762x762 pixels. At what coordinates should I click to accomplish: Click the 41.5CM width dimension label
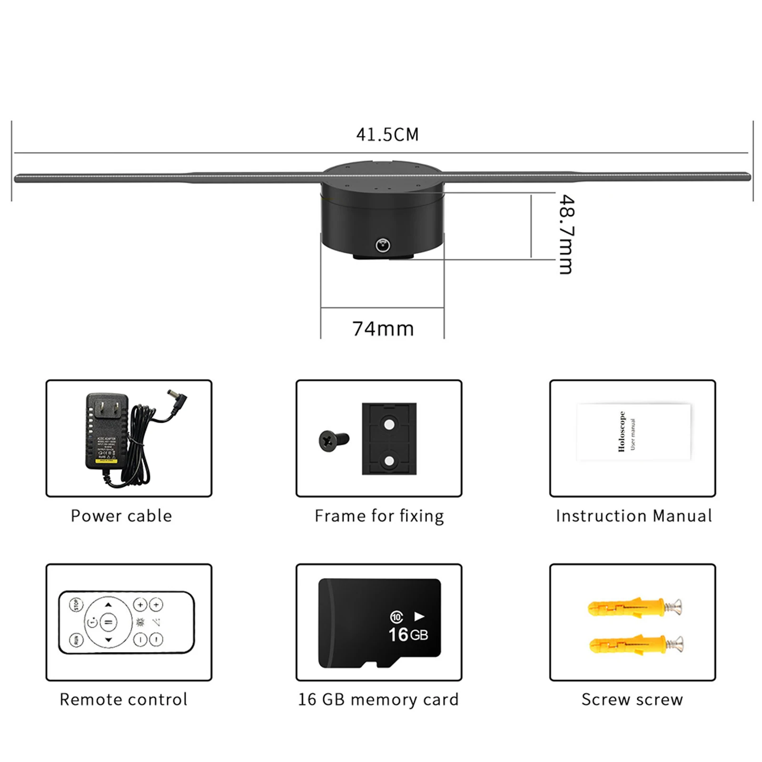click(387, 135)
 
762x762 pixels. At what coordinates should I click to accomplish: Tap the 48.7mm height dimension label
click(566, 234)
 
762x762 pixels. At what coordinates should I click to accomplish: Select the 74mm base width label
click(383, 329)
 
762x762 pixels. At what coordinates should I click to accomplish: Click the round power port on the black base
click(383, 246)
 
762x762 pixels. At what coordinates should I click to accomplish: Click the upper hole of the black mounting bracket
click(389, 424)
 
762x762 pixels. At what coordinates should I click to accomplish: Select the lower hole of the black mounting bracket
click(389, 461)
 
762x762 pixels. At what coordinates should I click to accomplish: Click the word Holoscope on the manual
click(621, 431)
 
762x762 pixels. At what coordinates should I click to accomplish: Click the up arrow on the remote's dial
click(109, 605)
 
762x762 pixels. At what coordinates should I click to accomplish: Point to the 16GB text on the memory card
click(408, 634)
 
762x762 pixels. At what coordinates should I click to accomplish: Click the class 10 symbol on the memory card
click(396, 617)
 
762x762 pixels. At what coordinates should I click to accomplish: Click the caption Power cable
click(121, 516)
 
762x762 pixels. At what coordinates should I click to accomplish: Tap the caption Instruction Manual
click(633, 516)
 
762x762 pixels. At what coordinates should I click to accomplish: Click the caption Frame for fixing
click(379, 516)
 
